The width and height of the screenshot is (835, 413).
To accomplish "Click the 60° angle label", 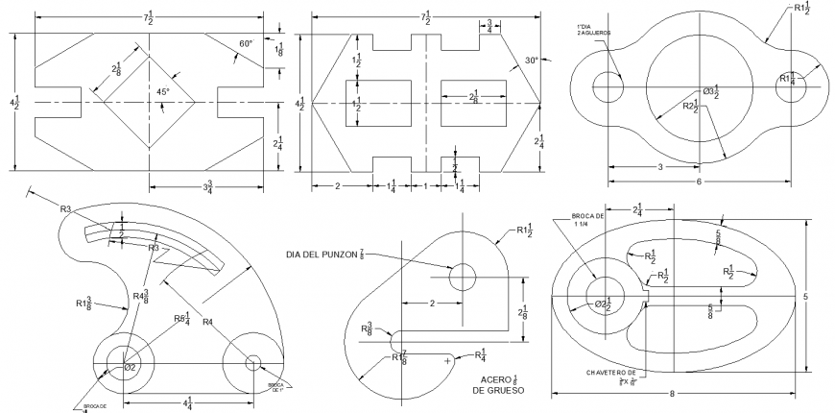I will point(248,43).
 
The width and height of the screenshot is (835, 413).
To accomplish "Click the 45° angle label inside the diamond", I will point(163,92).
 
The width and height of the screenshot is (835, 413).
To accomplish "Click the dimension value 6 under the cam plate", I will point(698,182).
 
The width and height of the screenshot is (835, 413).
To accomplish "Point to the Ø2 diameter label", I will point(131,367).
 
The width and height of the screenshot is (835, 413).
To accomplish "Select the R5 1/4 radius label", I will point(182,318).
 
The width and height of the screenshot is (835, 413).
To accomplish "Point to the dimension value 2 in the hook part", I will point(432,303).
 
